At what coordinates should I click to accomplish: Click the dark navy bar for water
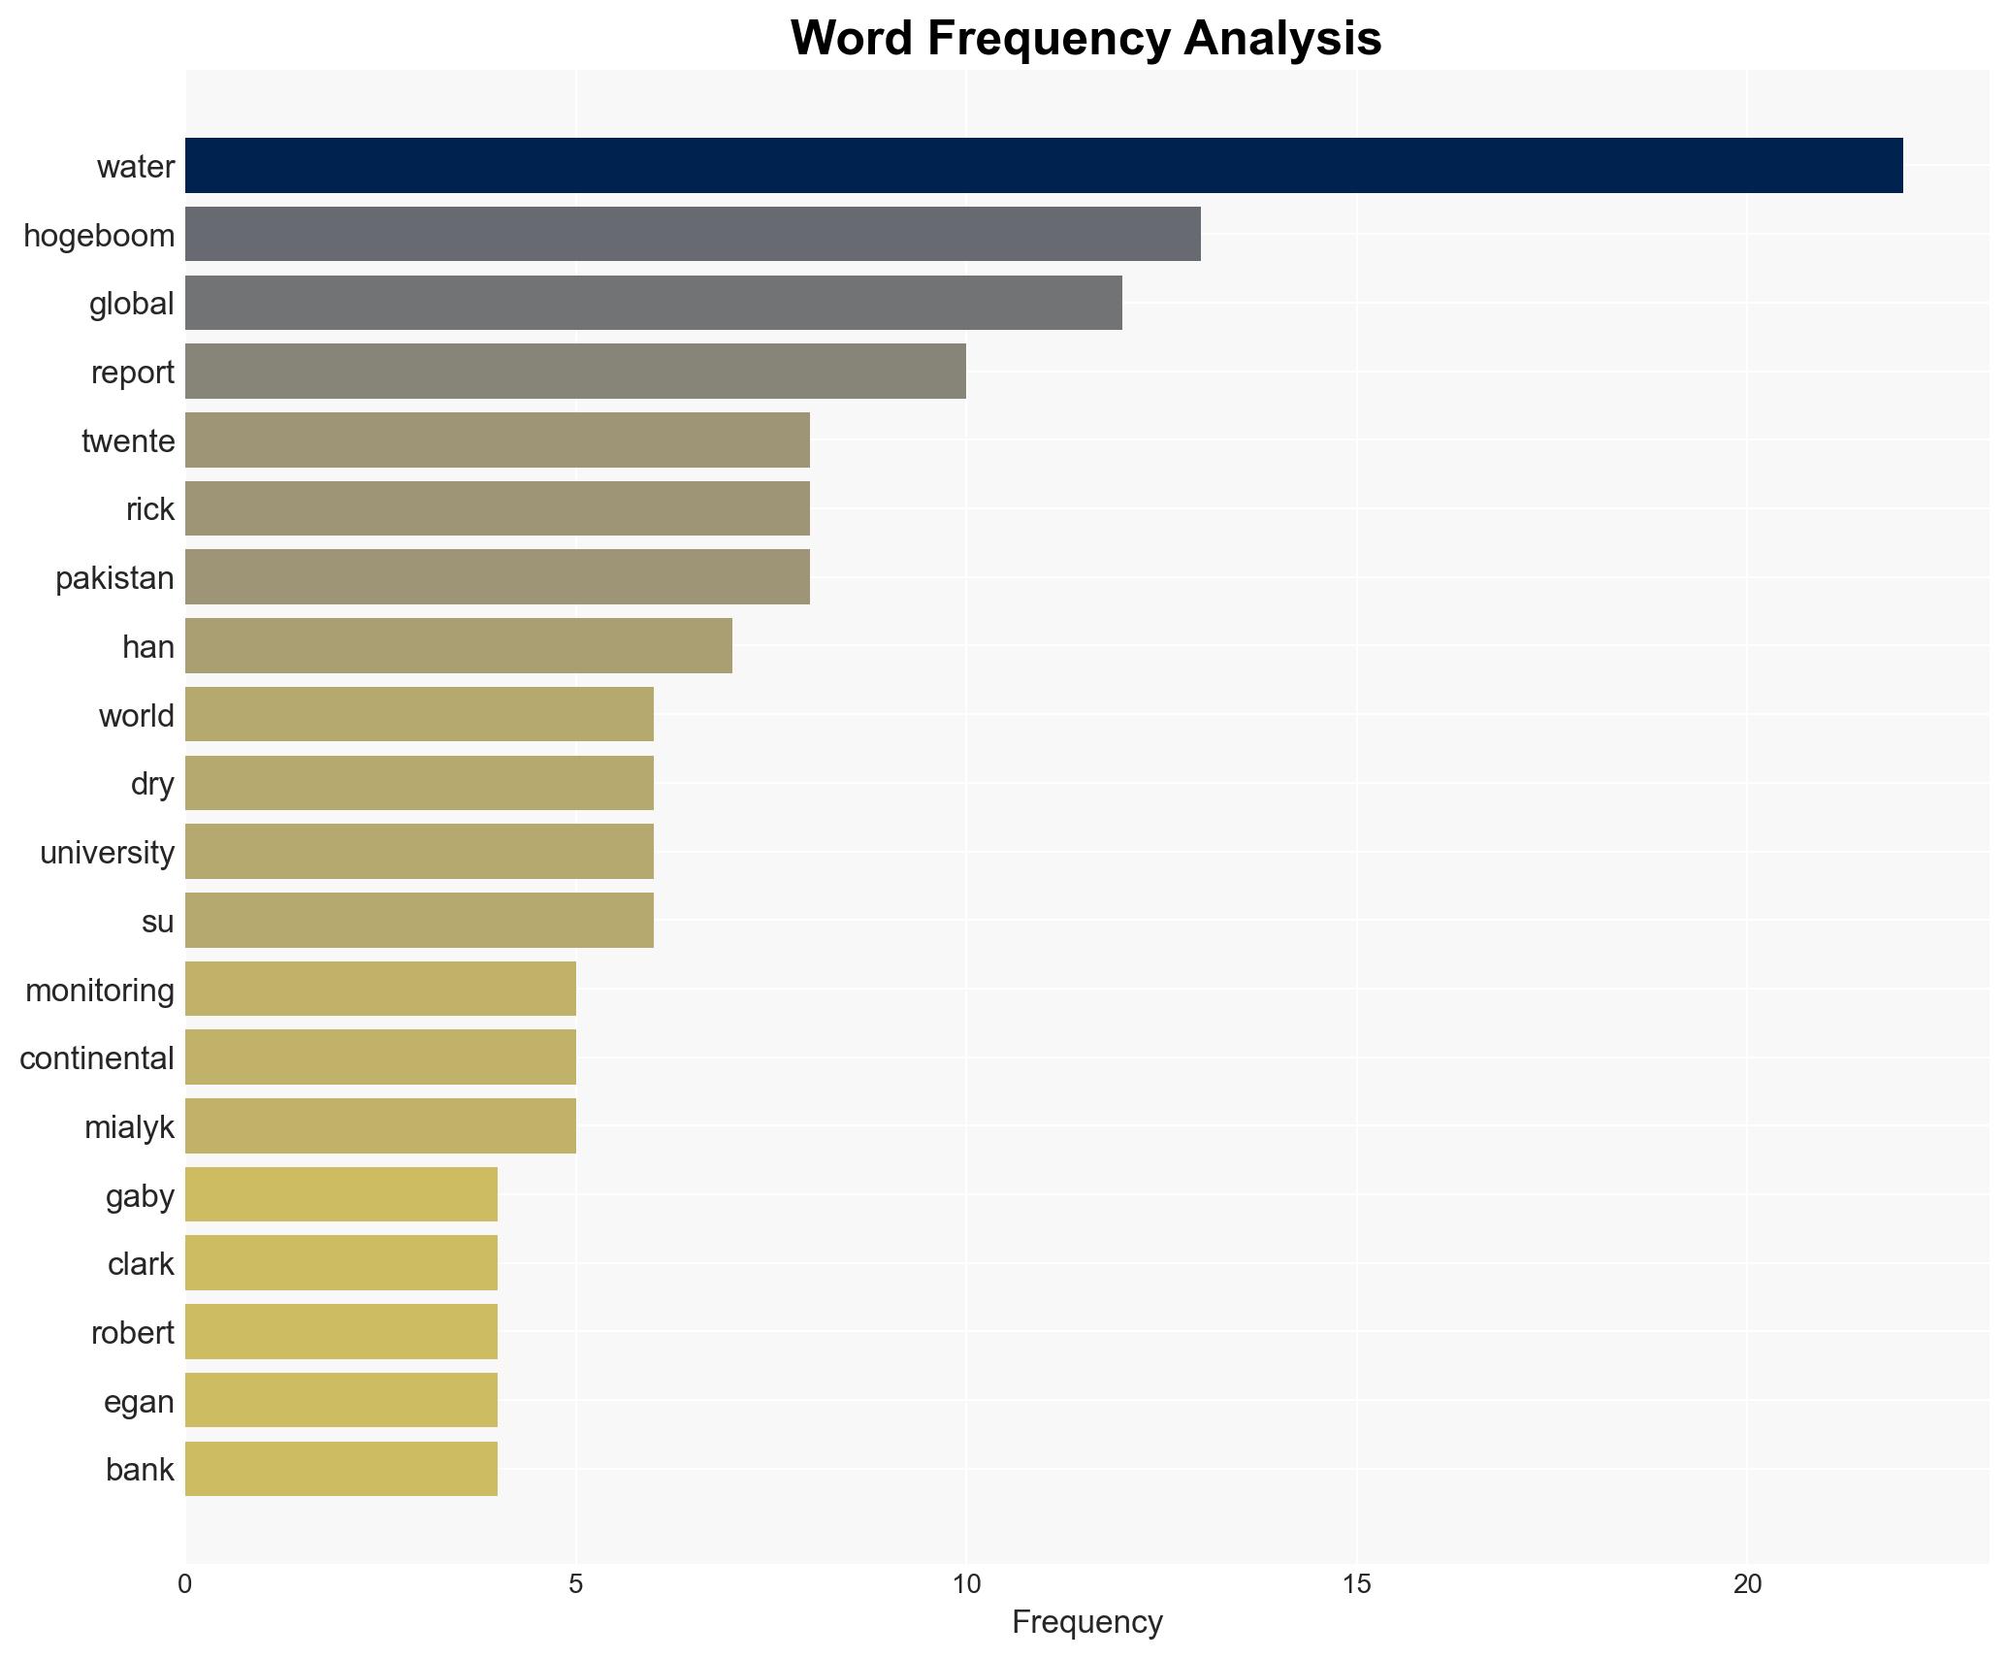coord(1043,166)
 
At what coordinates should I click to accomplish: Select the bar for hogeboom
coord(693,235)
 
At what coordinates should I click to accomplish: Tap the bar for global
coord(653,303)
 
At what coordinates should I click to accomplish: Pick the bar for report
coord(575,372)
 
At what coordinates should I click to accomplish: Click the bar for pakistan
coord(497,577)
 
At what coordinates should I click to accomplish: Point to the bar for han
coord(458,646)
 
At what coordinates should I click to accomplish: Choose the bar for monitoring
coord(380,989)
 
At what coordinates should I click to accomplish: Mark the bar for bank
coord(341,1469)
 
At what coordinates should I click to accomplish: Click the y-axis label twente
coord(128,441)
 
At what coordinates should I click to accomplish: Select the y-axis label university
coord(107,853)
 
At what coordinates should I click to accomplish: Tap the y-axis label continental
coord(97,1058)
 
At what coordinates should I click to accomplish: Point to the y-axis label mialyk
coord(129,1127)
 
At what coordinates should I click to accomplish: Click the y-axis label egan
coord(139,1402)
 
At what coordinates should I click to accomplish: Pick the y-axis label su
coord(157,922)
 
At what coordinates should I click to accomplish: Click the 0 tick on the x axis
coord(185,1584)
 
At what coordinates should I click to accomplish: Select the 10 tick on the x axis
coord(966,1584)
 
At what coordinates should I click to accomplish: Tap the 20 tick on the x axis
coord(1747,1584)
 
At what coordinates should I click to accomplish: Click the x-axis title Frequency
coord(1086,1622)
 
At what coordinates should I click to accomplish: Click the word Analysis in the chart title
coord(1281,39)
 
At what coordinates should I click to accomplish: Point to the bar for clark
coord(341,1263)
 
